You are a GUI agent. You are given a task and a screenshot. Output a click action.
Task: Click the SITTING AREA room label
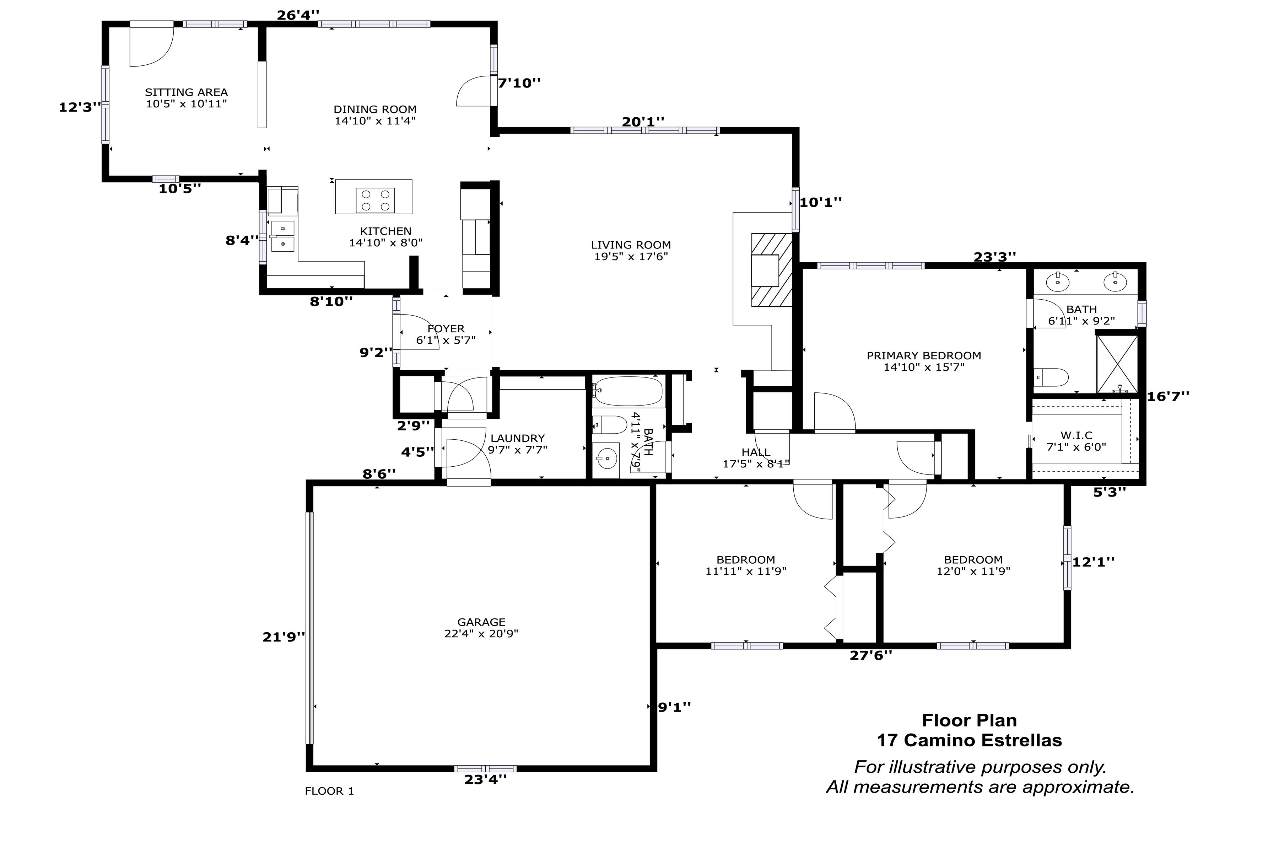(x=186, y=92)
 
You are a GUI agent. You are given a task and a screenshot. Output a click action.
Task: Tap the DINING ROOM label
(x=375, y=109)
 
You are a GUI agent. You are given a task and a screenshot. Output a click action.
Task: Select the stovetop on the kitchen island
(x=375, y=200)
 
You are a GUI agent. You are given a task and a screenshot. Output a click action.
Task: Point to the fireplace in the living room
(x=772, y=270)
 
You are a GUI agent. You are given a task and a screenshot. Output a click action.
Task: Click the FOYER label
(x=446, y=328)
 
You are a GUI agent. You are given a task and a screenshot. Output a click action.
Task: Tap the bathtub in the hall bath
(x=627, y=391)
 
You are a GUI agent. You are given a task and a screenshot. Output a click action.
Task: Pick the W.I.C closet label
(x=1076, y=435)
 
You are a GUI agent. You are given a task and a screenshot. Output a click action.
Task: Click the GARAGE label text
(x=481, y=622)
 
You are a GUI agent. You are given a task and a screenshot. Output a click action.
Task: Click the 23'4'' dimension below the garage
(x=485, y=779)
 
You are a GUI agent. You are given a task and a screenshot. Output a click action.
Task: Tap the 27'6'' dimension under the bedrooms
(x=871, y=655)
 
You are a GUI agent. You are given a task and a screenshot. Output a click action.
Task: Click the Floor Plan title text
(x=969, y=720)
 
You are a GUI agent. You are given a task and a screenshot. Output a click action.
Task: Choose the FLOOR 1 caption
(x=329, y=791)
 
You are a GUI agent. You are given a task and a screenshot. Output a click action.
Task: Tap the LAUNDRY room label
(x=517, y=438)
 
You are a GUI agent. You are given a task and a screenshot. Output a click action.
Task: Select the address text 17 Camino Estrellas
(x=969, y=740)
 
